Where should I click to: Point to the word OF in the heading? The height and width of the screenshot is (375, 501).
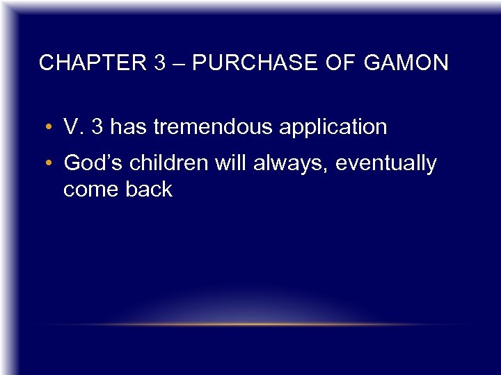point(342,63)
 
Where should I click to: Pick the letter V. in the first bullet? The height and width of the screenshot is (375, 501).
point(72,127)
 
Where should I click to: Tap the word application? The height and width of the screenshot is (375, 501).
point(333,128)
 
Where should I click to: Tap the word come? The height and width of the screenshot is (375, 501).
point(91,190)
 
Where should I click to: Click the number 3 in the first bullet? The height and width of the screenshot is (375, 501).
point(99,127)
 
